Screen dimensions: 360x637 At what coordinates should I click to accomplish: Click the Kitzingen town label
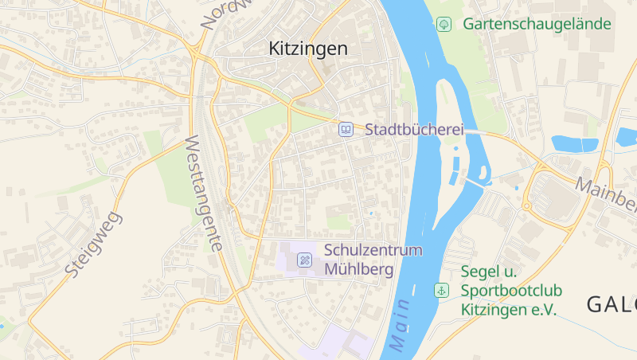point(307,49)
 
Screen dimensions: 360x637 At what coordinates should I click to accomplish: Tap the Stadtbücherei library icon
point(346,129)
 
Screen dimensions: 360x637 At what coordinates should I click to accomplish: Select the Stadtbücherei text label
point(414,129)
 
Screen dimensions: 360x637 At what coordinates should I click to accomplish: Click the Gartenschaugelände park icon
point(444,24)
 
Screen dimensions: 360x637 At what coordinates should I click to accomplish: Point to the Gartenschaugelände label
point(537,24)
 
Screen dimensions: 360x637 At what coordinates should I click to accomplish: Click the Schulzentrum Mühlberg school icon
point(305,260)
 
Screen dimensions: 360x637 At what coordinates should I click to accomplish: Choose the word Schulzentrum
point(373,250)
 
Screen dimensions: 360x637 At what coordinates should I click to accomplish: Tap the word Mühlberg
point(359,269)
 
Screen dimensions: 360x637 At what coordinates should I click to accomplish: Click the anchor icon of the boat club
point(441,291)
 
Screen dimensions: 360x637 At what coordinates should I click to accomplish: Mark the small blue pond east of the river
point(574,144)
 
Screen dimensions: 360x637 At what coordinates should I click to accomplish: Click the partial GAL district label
point(612,304)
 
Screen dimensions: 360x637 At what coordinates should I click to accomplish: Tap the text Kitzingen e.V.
point(509,309)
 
